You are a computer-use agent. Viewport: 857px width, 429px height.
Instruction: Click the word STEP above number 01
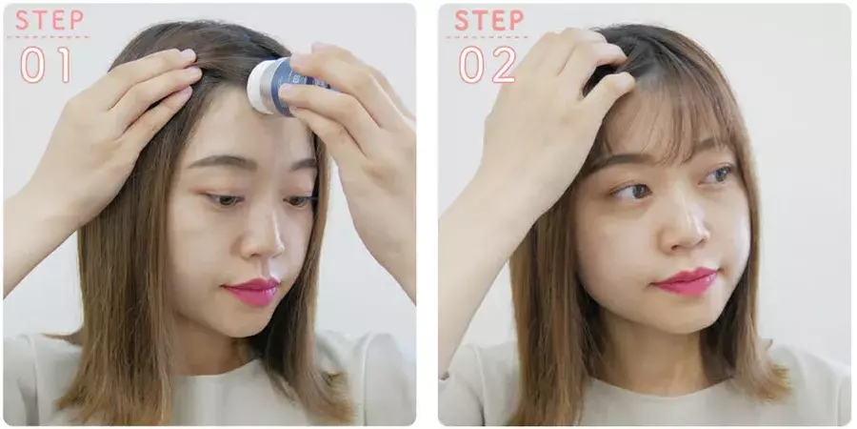[50, 20]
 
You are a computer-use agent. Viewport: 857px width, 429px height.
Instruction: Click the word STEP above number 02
[489, 20]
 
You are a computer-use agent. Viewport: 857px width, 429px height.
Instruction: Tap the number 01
[46, 65]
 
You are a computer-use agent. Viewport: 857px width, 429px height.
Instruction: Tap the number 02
[488, 65]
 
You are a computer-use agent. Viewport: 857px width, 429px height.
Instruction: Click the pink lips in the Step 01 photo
[252, 291]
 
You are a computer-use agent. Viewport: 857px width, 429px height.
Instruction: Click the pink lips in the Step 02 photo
[686, 281]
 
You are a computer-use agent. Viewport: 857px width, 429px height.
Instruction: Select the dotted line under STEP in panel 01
[49, 37]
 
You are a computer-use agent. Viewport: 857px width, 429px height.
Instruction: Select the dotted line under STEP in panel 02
[488, 37]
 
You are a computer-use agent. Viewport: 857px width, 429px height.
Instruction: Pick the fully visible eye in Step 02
[632, 191]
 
